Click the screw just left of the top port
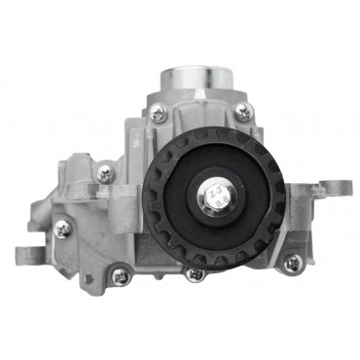tap(159, 115)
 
